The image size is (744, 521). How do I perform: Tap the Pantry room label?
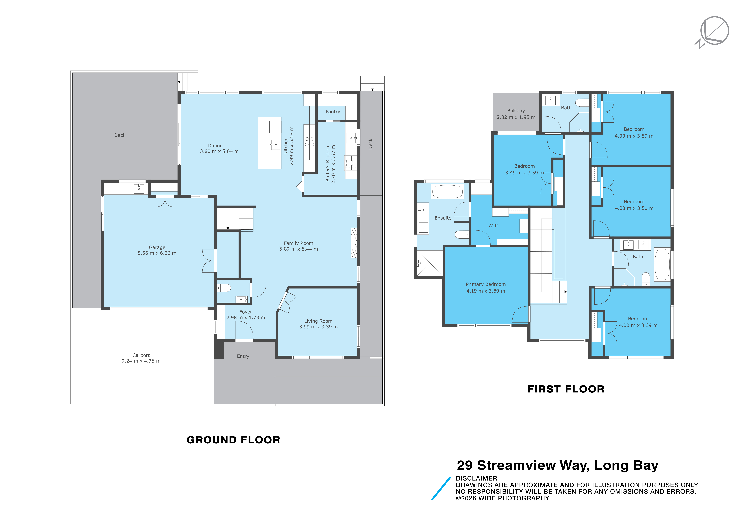click(333, 112)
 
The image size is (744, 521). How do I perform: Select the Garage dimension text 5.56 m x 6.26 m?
click(157, 253)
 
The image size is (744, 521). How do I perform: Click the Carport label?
click(141, 355)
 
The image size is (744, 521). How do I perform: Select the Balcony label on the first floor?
click(516, 111)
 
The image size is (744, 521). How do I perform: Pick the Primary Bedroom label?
click(486, 284)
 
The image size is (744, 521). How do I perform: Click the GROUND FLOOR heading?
click(233, 440)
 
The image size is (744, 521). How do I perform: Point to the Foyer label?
click(246, 312)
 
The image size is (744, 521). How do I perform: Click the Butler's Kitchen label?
click(328, 164)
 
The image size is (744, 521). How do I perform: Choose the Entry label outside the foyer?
click(243, 356)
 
